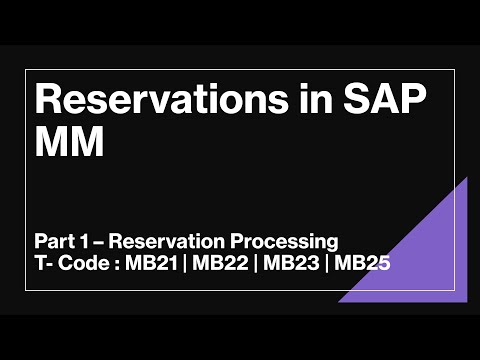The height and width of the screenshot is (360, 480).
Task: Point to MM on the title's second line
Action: click(69, 144)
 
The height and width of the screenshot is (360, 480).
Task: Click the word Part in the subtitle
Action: click(52, 241)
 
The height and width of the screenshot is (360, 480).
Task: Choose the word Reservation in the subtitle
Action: click(154, 241)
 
